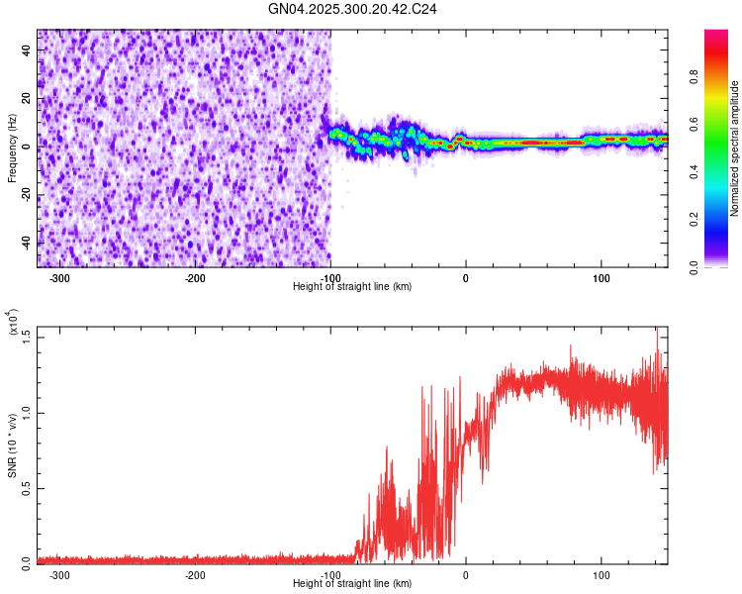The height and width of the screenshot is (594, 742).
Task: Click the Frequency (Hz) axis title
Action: coord(12,148)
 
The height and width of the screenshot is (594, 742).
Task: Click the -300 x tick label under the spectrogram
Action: coord(59,277)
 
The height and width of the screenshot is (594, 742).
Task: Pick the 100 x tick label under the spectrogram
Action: coord(601,277)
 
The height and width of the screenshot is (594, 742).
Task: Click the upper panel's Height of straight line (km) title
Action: coord(352,286)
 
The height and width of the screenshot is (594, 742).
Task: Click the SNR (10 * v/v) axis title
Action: coord(12,445)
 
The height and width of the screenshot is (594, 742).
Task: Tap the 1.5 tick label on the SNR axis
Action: coord(26,337)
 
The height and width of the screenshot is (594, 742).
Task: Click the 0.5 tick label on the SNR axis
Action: coord(26,487)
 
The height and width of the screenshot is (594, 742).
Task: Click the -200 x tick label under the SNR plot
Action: coord(195,574)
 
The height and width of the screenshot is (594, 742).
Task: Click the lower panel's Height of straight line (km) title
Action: coord(352,583)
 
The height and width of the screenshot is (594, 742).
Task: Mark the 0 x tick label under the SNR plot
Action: coord(465,574)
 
